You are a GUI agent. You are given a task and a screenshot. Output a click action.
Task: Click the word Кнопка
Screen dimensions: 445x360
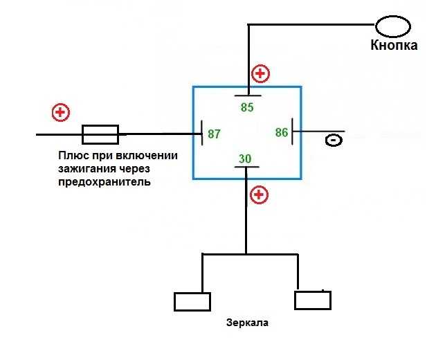click(x=394, y=46)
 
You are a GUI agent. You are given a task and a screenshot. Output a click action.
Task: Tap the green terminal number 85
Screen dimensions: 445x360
click(x=247, y=107)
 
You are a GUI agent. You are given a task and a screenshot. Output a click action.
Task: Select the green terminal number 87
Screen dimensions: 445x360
click(x=214, y=134)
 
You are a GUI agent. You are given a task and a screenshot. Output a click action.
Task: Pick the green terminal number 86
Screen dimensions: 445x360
click(x=282, y=132)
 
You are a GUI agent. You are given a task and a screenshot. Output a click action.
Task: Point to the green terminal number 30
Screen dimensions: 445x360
click(x=245, y=159)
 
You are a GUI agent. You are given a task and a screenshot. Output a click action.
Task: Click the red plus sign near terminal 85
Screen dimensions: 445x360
click(x=260, y=74)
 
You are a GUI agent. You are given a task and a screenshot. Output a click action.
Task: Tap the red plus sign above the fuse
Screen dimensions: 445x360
click(x=61, y=112)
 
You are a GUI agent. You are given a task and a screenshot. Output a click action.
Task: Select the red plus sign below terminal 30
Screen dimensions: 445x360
click(x=259, y=195)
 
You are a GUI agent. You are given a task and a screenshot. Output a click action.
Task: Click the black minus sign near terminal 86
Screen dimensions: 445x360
click(x=334, y=141)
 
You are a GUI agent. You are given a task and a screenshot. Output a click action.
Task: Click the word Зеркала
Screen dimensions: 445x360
click(x=247, y=323)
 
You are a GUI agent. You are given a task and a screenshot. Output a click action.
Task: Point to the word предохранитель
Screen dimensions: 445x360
click(x=104, y=182)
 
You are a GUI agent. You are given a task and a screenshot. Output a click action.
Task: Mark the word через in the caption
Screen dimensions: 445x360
click(x=135, y=169)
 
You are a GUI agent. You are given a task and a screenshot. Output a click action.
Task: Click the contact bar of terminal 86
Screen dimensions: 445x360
click(x=292, y=132)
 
